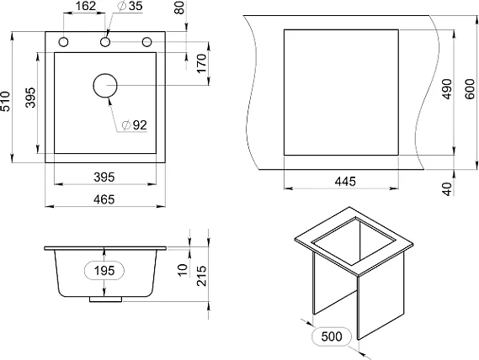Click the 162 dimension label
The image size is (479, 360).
pos(86,6)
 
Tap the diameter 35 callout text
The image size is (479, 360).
pos(130,6)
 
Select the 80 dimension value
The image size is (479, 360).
pos(180,8)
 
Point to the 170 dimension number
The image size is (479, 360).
pos(202,64)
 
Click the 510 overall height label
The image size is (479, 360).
pos(5,101)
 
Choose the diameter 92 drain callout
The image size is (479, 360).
pos(135,124)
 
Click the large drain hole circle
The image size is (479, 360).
pos(105,86)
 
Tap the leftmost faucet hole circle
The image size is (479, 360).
pos(63,42)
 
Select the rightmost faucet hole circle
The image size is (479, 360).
pos(147,42)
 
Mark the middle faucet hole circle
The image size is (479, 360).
pos(105,42)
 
